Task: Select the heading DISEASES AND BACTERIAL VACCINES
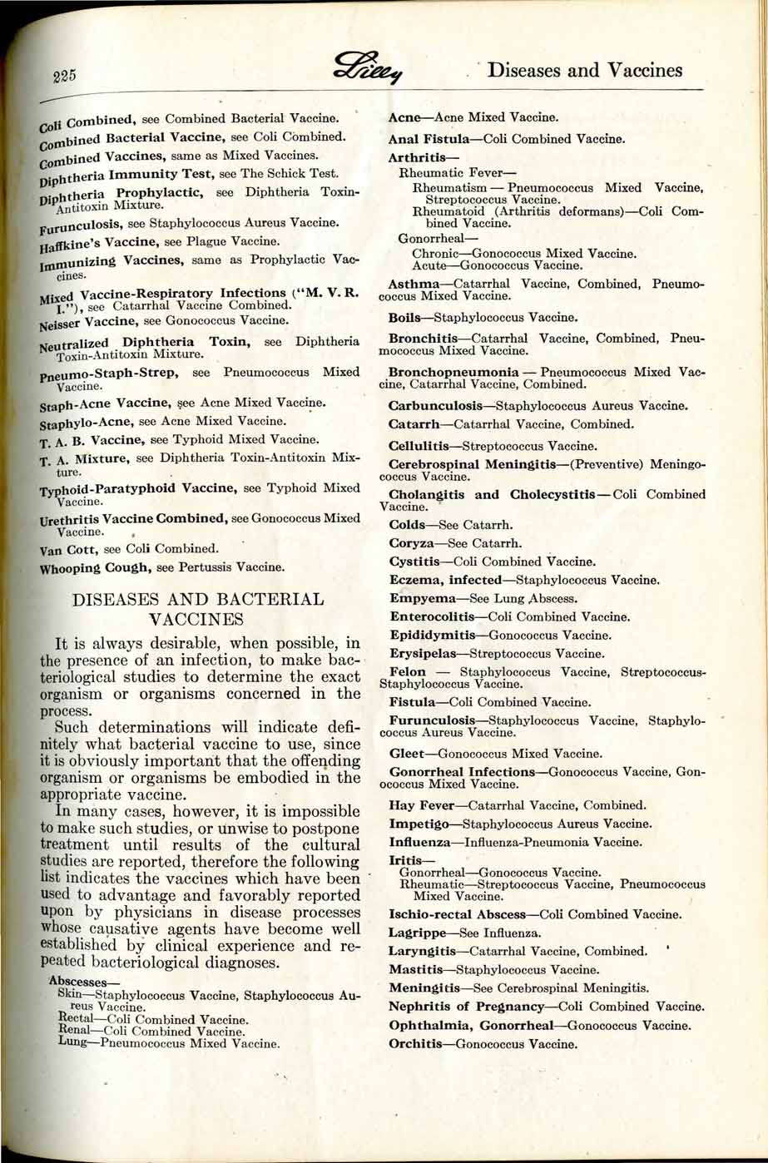[198, 608]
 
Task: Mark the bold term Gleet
[408, 754]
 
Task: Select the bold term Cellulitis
[422, 446]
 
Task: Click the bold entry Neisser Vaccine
[89, 319]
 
